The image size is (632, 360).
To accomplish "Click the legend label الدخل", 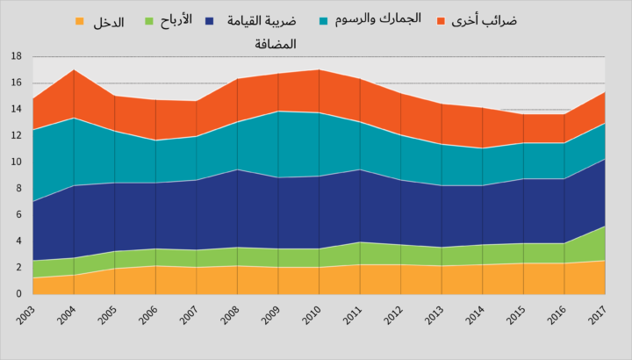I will coord(109,22).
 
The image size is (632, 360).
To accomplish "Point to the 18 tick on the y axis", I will coord(16,56).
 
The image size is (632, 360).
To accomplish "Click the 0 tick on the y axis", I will coord(18,293).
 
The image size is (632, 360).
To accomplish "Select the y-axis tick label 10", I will coord(16,162).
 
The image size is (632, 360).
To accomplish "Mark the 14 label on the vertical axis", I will coord(16,109).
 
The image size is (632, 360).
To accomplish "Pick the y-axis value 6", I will coord(18,214).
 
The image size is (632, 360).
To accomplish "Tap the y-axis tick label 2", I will coord(18,267).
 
